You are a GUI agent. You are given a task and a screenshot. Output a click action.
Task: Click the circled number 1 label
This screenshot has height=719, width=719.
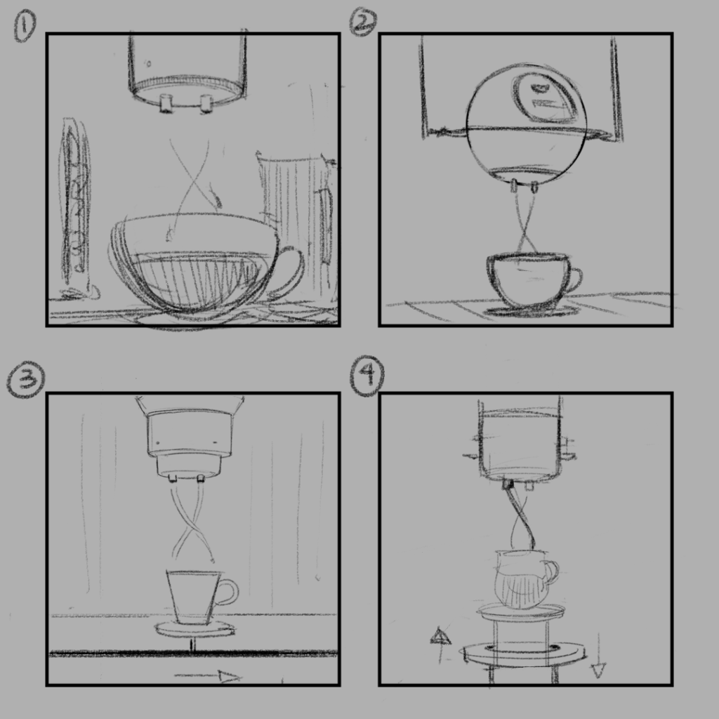click(x=25, y=28)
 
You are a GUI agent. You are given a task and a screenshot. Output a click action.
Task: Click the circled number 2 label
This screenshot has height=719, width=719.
click(x=363, y=22)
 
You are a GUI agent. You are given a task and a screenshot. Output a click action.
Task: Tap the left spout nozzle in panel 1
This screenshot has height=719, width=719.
click(x=166, y=103)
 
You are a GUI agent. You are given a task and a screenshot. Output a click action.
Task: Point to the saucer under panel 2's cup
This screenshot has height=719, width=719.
click(x=531, y=310)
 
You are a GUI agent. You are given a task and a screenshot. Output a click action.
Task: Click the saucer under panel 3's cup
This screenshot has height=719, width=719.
click(x=194, y=628)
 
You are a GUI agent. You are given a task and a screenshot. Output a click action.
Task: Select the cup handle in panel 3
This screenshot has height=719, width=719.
click(x=227, y=593)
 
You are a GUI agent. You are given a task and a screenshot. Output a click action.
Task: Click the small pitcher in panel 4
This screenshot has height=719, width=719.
click(x=522, y=579)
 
